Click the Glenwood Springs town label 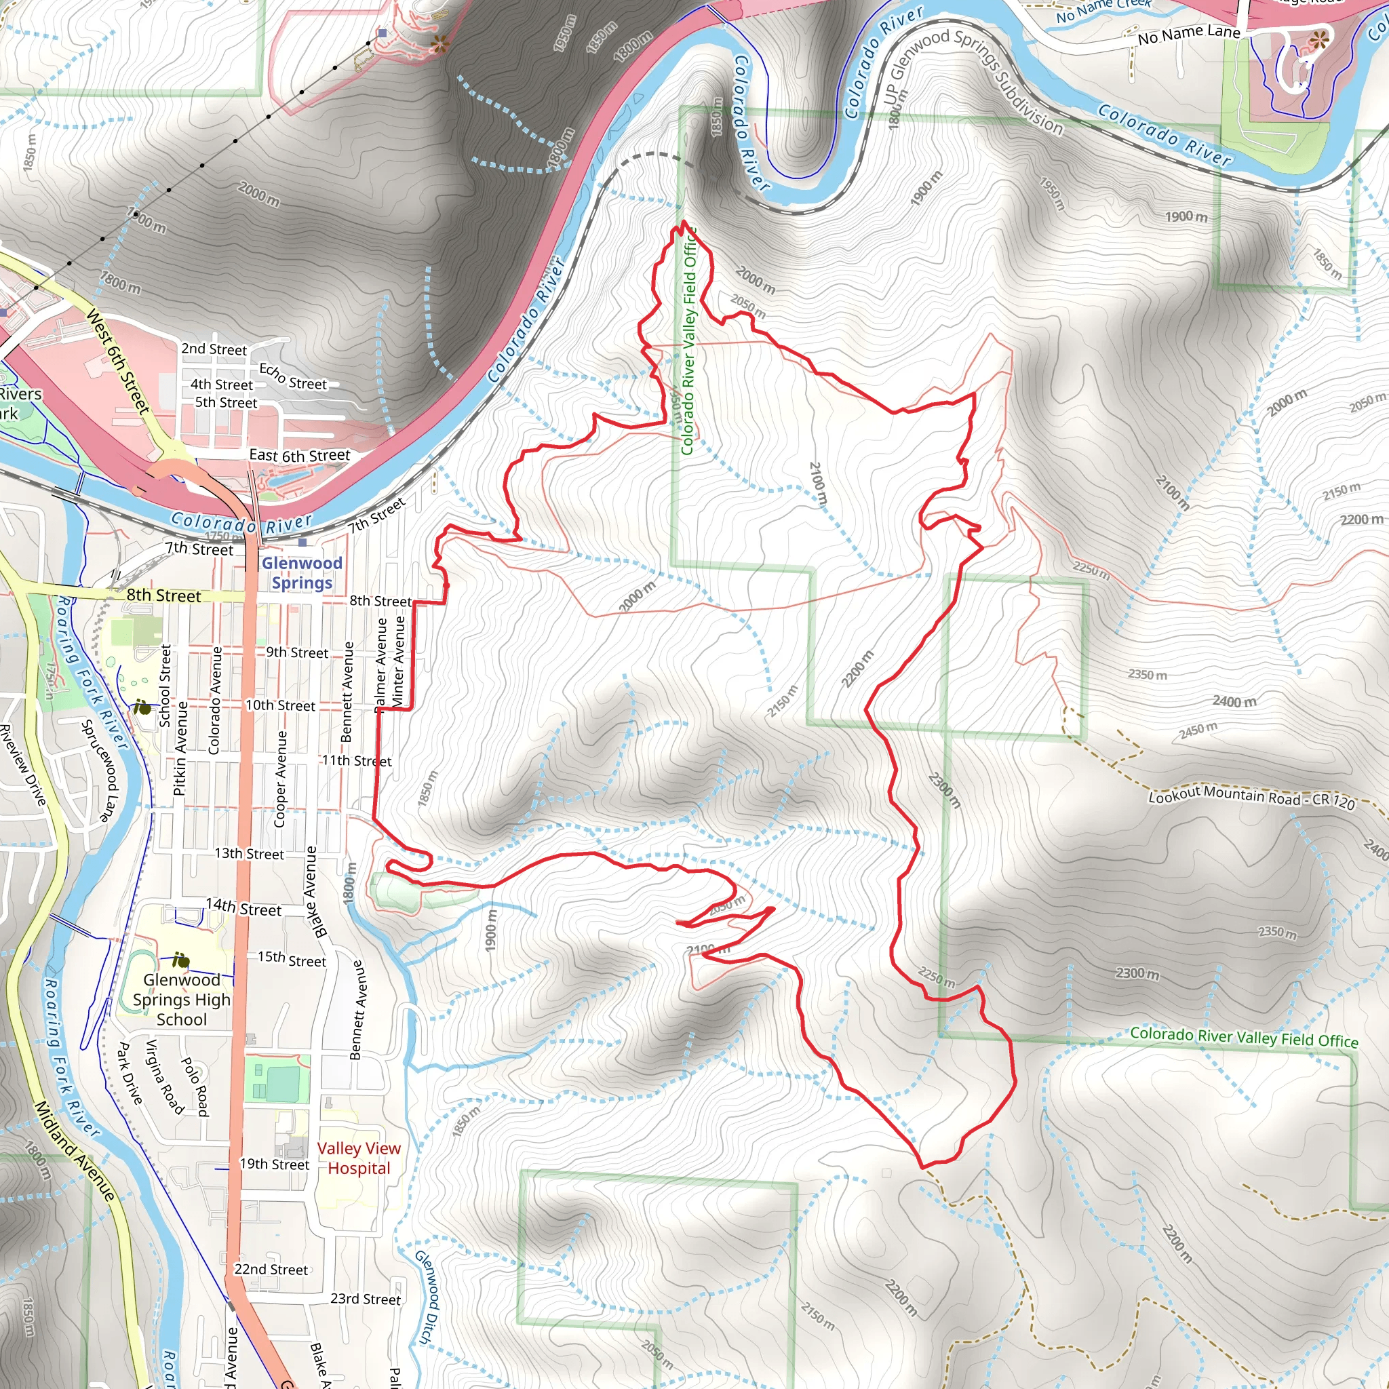pos(302,573)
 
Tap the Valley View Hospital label pos(359,1158)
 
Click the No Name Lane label pos(1188,34)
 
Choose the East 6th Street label pos(299,455)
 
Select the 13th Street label pos(249,853)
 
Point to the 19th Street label pos(274,1164)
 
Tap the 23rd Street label pos(366,1298)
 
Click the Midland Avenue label pos(75,1151)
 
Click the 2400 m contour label pos(1234,701)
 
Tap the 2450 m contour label pos(1198,730)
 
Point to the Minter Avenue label pos(399,661)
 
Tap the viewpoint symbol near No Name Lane pos(1318,40)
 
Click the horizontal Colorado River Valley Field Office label pos(1244,1038)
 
